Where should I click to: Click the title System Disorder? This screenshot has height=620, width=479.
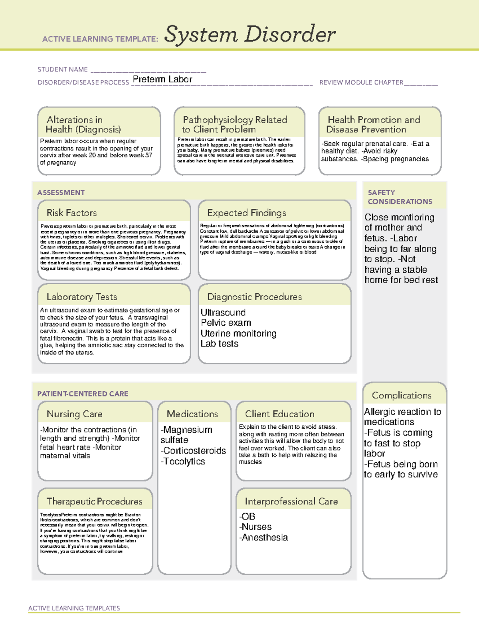[250, 34]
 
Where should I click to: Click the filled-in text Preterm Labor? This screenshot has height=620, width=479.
[162, 79]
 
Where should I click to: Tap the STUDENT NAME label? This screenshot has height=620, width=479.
[63, 69]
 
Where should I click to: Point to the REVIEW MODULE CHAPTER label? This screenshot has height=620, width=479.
[361, 82]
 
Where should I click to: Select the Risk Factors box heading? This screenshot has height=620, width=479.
[71, 213]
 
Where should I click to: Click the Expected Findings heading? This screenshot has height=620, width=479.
[246, 213]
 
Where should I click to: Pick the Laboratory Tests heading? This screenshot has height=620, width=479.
[81, 297]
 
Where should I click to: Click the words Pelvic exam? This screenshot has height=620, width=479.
[226, 323]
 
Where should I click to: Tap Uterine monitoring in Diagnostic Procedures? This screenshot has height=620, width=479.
[238, 333]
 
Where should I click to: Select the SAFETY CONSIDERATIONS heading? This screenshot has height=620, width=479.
[400, 197]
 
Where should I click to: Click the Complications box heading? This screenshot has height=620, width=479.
[402, 395]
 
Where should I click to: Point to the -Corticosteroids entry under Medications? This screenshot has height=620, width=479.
[193, 451]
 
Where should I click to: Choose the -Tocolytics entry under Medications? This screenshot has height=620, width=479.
[183, 461]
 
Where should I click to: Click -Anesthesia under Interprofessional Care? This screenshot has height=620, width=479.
[263, 537]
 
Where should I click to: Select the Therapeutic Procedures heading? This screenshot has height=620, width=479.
[94, 501]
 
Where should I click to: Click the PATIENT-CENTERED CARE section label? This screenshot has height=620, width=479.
[83, 394]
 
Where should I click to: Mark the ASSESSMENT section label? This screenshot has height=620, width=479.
[61, 192]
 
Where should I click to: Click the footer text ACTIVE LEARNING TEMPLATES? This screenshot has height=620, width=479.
[74, 608]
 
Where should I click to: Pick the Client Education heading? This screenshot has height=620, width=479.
[279, 414]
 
